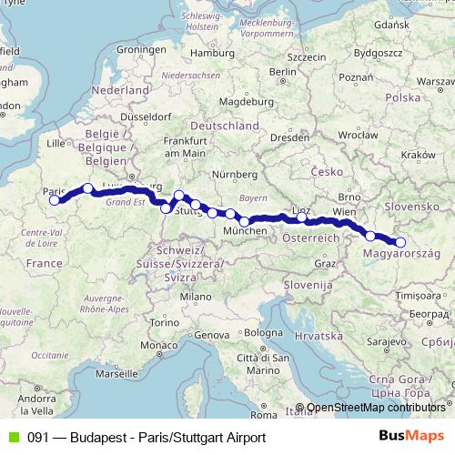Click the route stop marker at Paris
[56, 200]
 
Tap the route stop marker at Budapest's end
[400, 242]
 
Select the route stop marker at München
[244, 221]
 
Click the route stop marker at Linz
[301, 217]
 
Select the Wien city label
[344, 211]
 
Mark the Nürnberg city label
[232, 173]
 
